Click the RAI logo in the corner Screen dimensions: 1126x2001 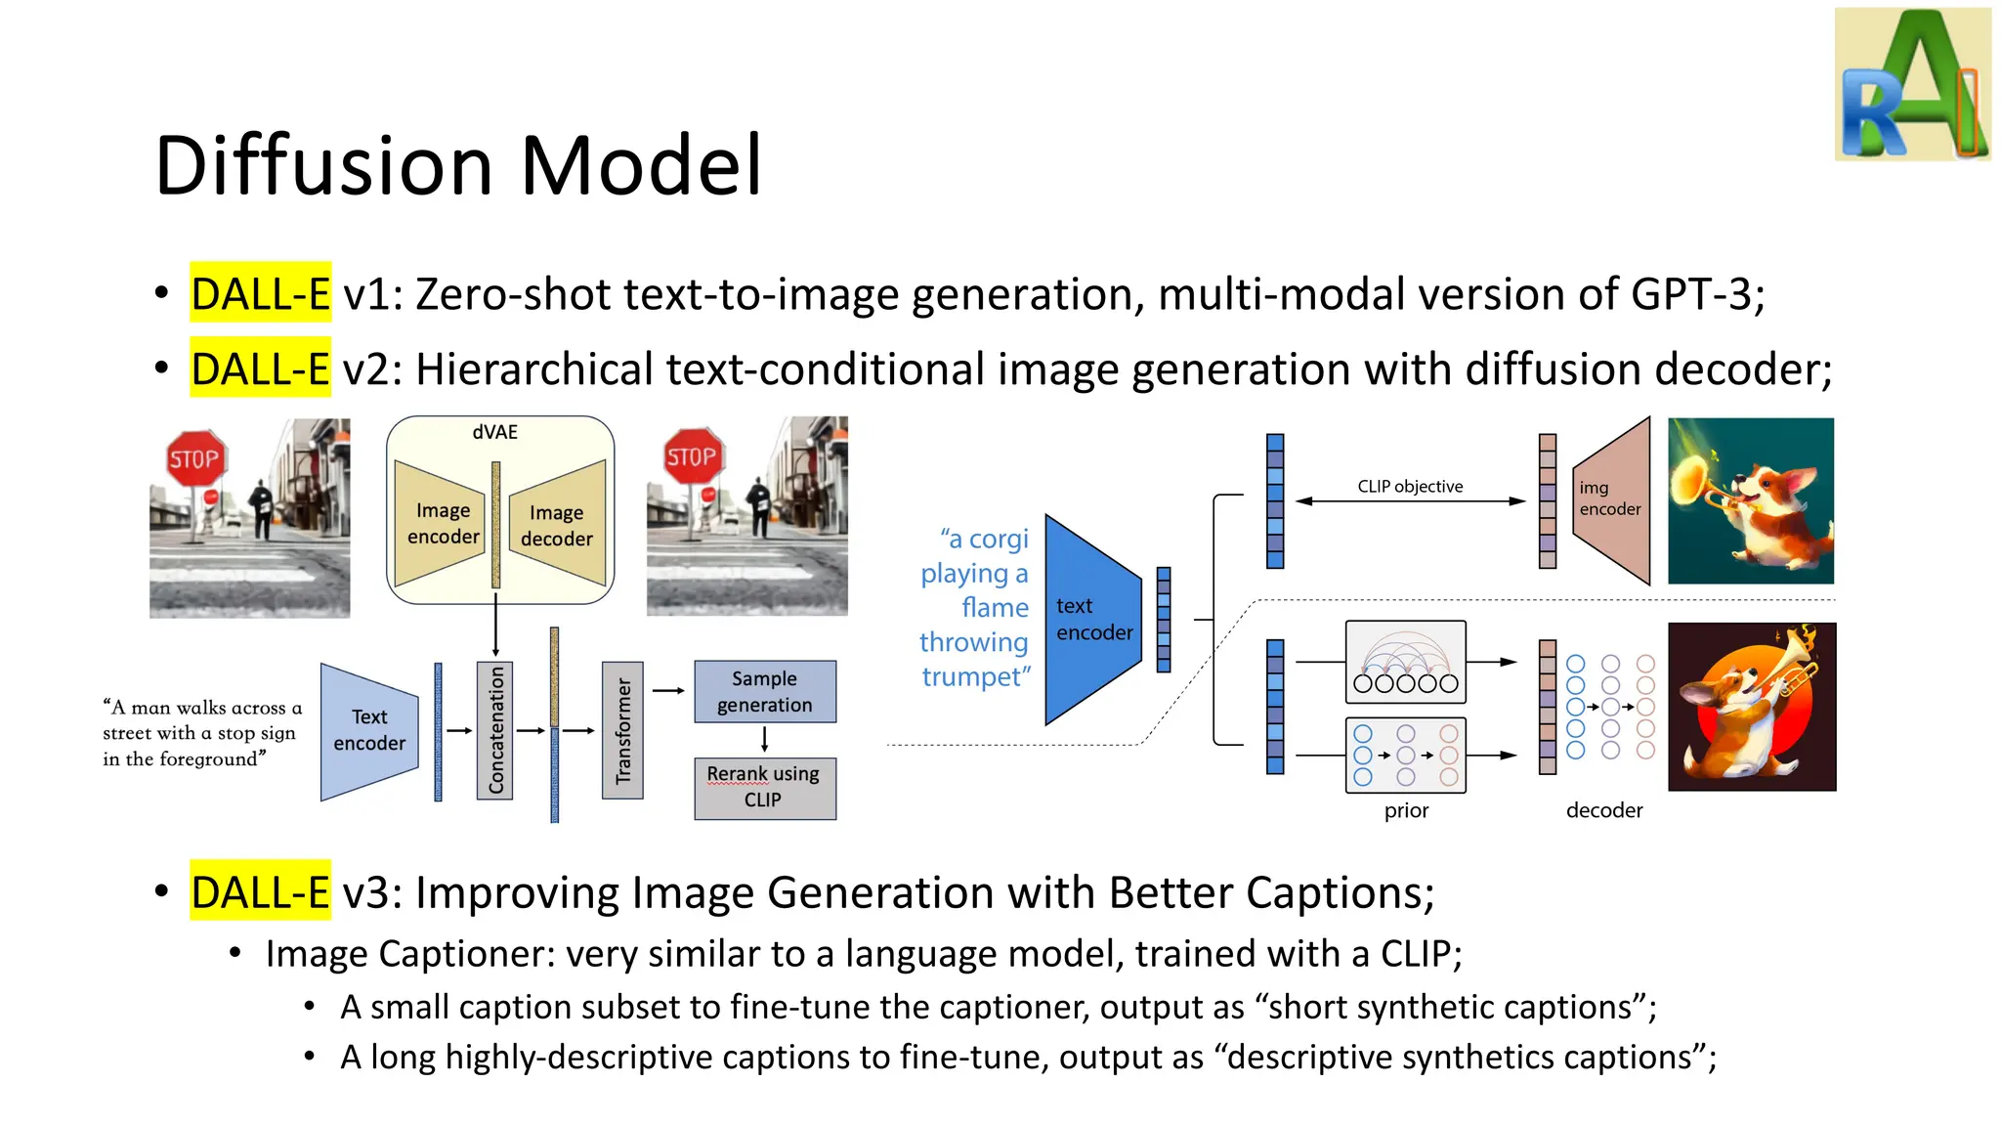[1912, 84]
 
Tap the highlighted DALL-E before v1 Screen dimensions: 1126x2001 [260, 293]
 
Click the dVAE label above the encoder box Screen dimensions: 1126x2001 [494, 432]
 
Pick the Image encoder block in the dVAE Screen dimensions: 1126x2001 [442, 523]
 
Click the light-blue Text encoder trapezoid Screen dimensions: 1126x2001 [368, 730]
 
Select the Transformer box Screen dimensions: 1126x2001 [622, 730]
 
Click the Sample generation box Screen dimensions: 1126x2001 [764, 691]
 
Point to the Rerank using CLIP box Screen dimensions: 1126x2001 [764, 787]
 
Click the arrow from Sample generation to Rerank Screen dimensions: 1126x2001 [764, 739]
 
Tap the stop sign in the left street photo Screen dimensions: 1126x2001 [194, 458]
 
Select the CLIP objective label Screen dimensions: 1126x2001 [1409, 487]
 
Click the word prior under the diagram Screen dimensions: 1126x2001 [1406, 810]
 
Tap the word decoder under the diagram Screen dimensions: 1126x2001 [1603, 810]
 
